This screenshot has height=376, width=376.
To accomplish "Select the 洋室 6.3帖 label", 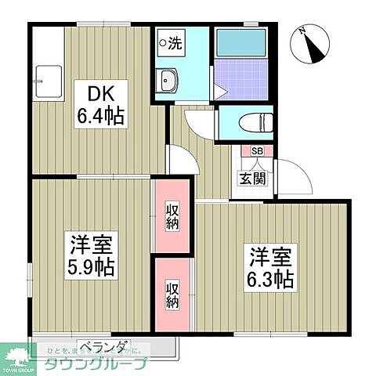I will (271, 267).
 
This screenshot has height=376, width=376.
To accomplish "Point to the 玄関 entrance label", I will (251, 178).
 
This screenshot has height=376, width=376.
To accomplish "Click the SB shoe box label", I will (256, 152).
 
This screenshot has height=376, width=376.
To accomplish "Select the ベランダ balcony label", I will (103, 345).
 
